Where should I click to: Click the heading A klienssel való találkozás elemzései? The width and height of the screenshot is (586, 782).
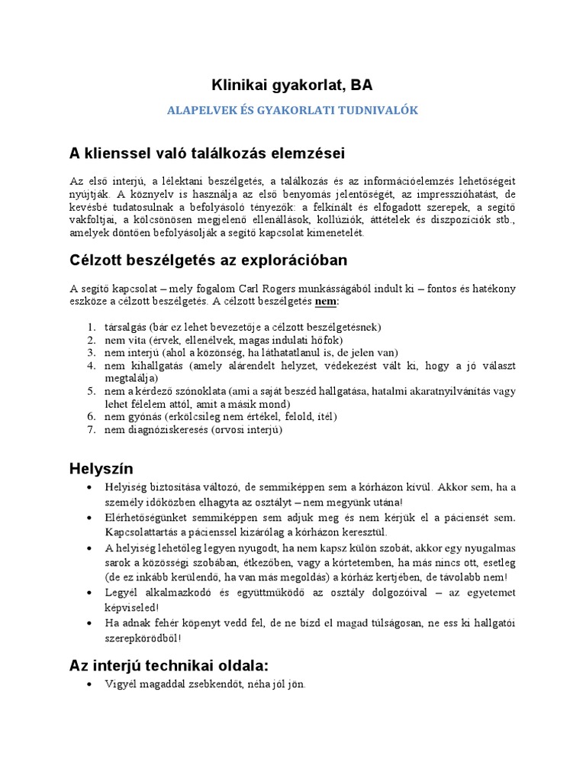click(x=207, y=153)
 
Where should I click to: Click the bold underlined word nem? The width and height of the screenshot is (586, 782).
click(x=326, y=302)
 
